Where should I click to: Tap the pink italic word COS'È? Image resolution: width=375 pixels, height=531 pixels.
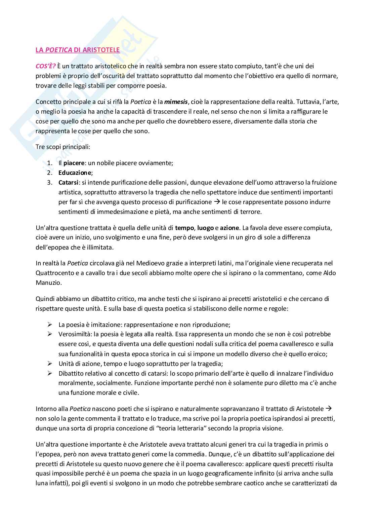(x=46, y=66)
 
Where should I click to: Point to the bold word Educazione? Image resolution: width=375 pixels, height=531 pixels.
(x=75, y=173)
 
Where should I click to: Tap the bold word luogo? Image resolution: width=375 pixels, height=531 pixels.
(x=206, y=228)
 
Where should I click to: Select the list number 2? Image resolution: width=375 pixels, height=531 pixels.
(x=49, y=173)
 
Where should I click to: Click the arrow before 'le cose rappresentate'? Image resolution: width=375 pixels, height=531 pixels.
(x=217, y=202)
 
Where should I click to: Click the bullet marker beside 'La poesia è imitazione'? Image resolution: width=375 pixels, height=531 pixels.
(x=50, y=325)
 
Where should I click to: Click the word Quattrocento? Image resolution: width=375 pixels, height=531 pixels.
(x=52, y=273)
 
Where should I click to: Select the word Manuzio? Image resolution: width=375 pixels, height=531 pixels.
(x=49, y=282)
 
